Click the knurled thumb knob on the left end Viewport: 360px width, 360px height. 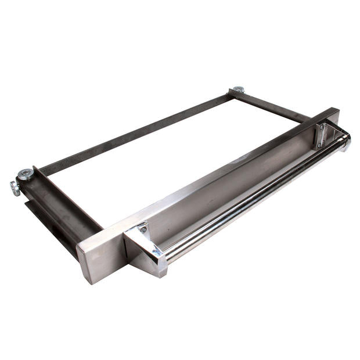click(x=14, y=188)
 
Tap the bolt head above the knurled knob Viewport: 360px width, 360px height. click(x=25, y=173)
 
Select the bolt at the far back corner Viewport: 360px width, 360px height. click(x=237, y=90)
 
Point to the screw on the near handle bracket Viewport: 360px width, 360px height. click(x=142, y=230)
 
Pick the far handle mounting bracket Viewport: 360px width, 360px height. click(x=323, y=134)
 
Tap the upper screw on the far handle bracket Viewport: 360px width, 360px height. click(x=322, y=126)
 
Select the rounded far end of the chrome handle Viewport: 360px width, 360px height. click(x=346, y=141)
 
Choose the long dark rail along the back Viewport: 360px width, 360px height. click(x=134, y=136)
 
